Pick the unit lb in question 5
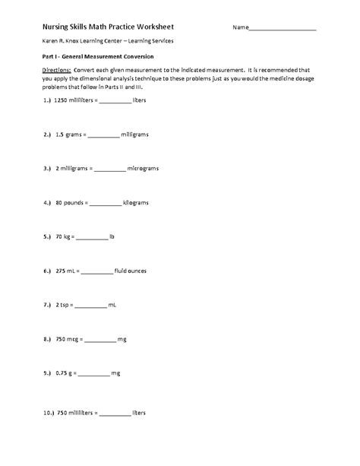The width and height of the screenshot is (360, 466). point(111,237)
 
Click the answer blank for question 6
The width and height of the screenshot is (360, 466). point(95,272)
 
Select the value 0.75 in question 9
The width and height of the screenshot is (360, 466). point(62,374)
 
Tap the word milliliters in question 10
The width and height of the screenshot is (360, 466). point(81,414)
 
